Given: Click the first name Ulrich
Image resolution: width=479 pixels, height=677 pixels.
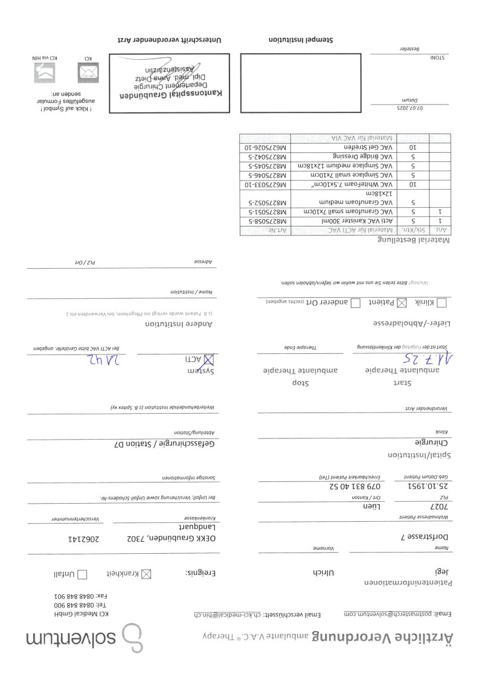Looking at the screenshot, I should (323, 571).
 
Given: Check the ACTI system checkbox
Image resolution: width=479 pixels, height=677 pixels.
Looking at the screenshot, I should (211, 359).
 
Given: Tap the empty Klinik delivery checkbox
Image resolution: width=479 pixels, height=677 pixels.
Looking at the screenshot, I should (442, 303).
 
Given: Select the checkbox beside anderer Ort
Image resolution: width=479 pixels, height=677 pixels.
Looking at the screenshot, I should (355, 303).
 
